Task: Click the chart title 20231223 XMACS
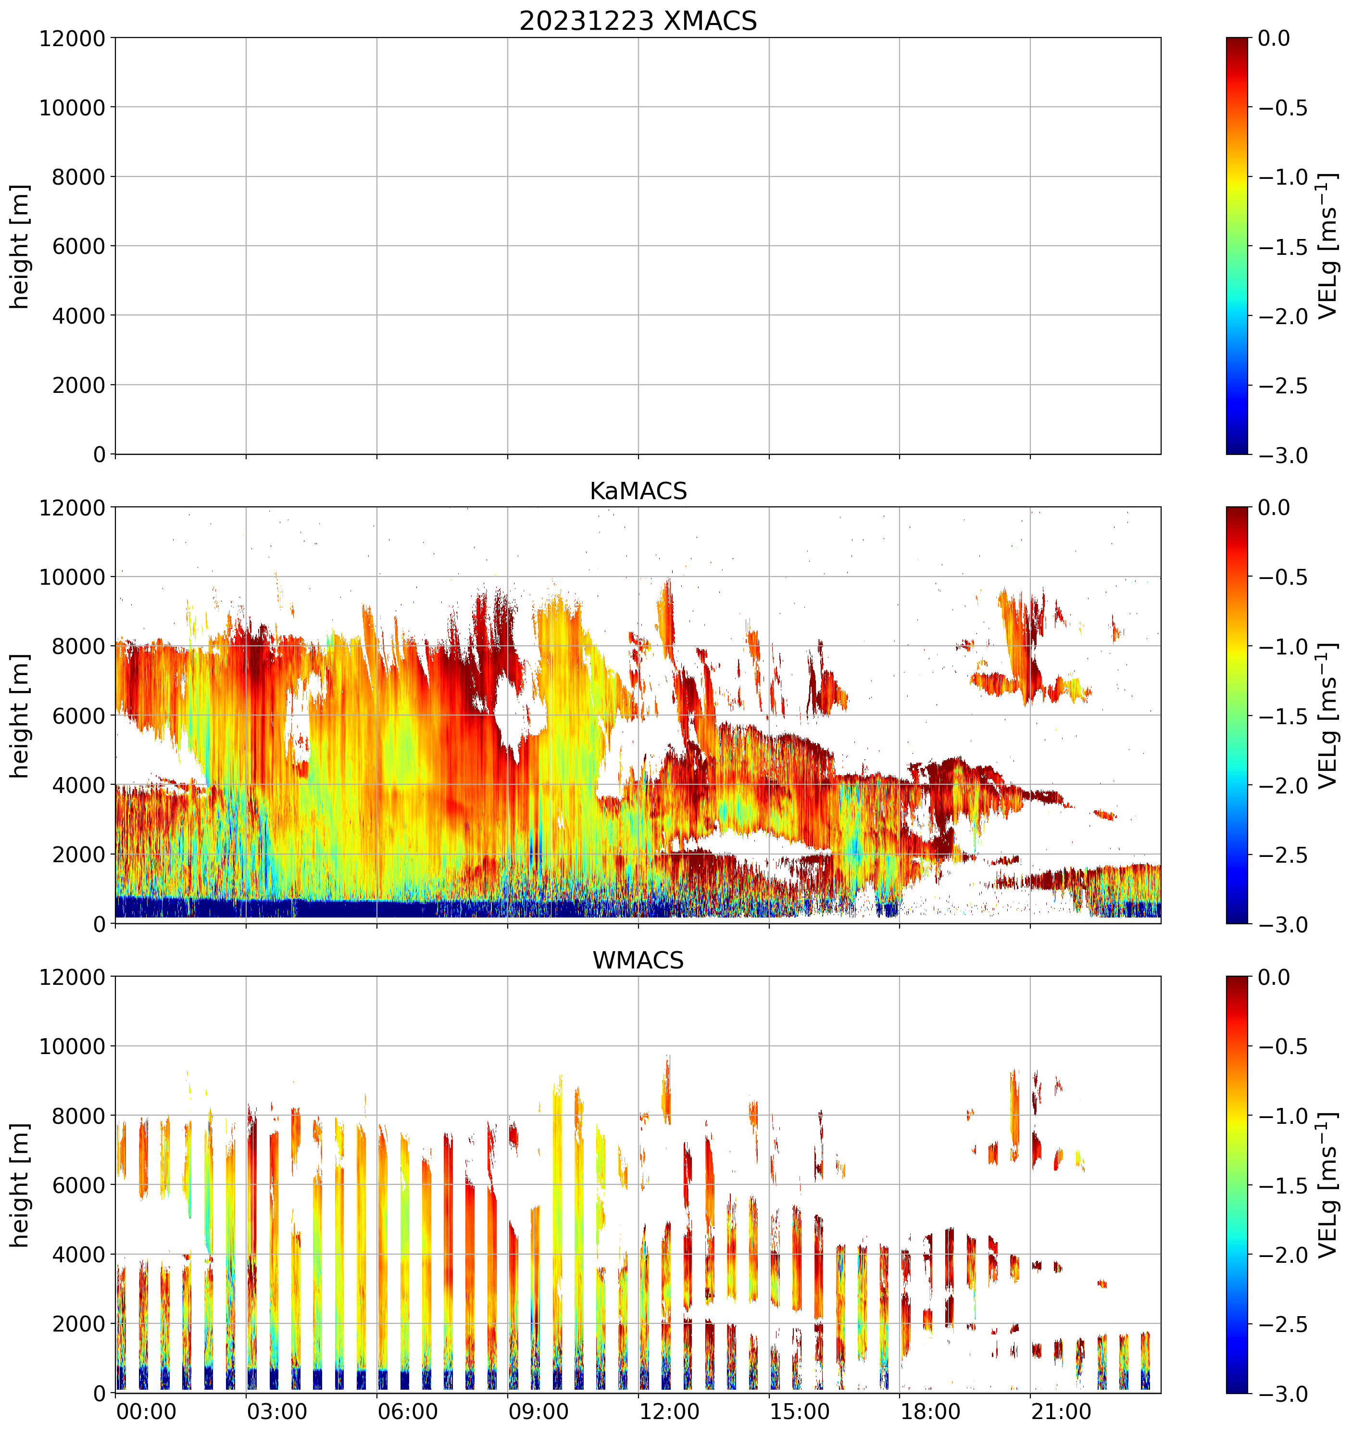pyautogui.click(x=638, y=21)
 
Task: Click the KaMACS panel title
pyautogui.click(x=638, y=491)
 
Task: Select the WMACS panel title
pyautogui.click(x=638, y=961)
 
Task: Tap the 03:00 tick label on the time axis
pyautogui.click(x=277, y=1411)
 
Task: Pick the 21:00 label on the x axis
pyautogui.click(x=1060, y=1411)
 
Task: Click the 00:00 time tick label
pyautogui.click(x=146, y=1411)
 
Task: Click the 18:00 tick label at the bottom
pyautogui.click(x=930, y=1411)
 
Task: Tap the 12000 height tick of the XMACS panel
pyautogui.click(x=72, y=38)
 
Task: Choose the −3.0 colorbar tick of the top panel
pyautogui.click(x=1283, y=455)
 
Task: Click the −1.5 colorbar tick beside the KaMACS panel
pyautogui.click(x=1283, y=716)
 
